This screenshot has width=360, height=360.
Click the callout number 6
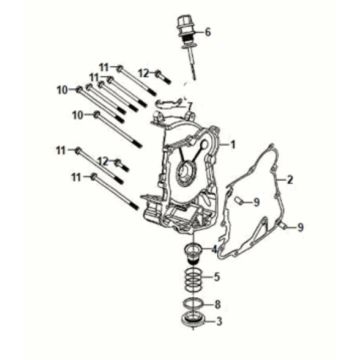[208, 32]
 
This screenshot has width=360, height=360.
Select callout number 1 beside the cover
[233, 145]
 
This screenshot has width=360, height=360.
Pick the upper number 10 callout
[61, 90]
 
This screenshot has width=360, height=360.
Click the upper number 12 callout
[142, 72]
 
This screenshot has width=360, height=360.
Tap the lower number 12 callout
[104, 161]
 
